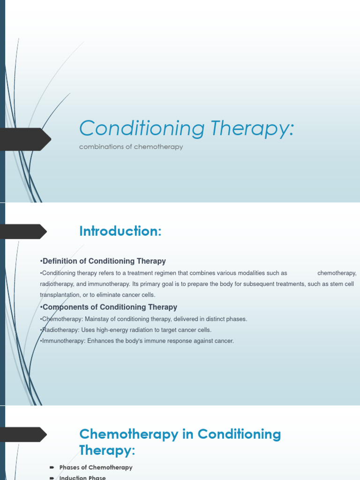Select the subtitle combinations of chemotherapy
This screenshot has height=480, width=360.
point(131,147)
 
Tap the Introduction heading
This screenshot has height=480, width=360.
point(120,231)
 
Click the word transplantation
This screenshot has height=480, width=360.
point(60,295)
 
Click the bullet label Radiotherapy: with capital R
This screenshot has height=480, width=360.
point(60,330)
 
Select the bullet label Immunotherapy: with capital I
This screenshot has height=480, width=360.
point(62,341)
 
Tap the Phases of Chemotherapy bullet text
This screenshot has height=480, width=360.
point(96,467)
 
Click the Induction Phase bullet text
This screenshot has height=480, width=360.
point(82,478)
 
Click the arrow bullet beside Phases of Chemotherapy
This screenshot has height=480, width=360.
point(52,467)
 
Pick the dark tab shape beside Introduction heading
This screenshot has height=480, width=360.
point(23,232)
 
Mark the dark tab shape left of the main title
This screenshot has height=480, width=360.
point(25,139)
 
